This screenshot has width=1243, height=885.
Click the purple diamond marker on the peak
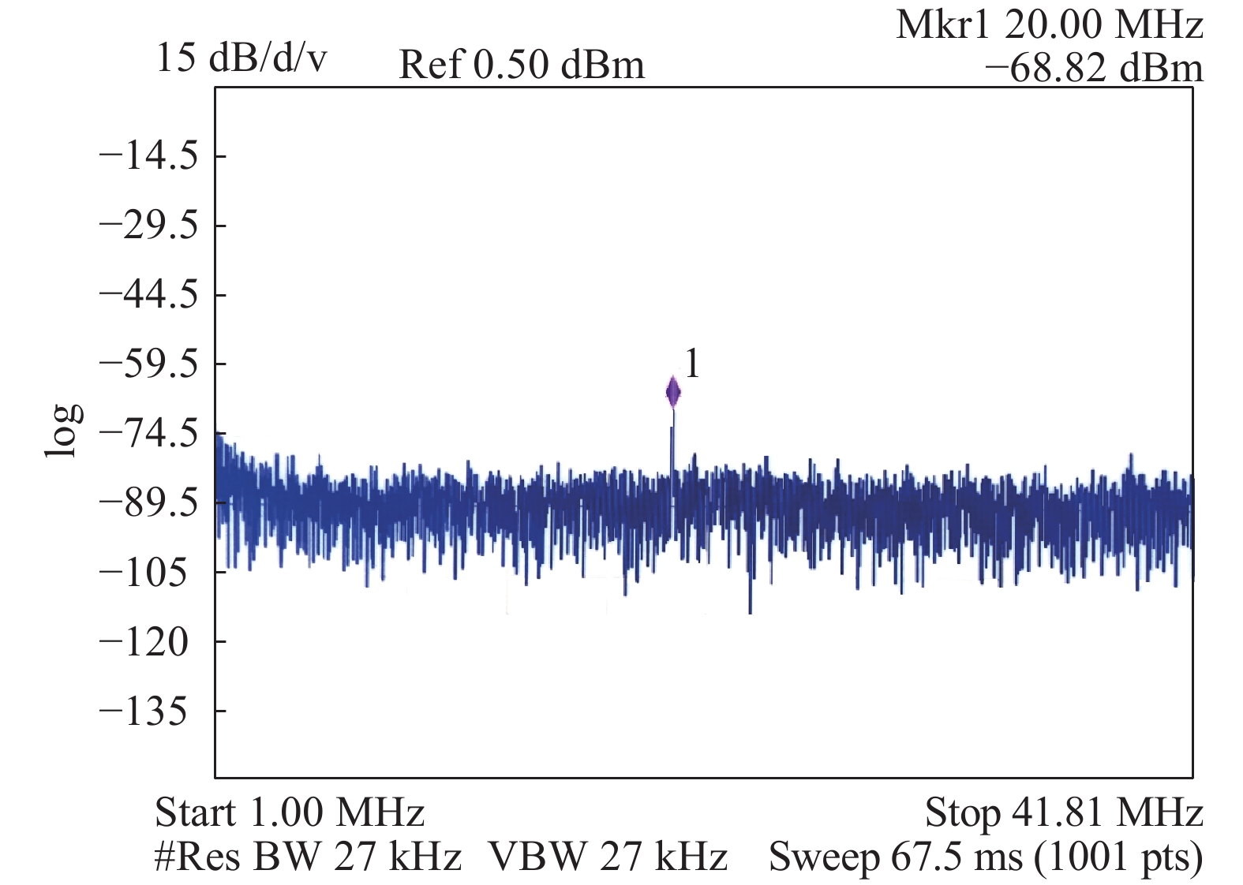(x=673, y=392)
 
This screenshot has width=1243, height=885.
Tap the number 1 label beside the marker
(x=691, y=364)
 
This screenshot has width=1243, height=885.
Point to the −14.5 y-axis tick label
(x=148, y=156)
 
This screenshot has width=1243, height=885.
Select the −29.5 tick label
(x=148, y=226)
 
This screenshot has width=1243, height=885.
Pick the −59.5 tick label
(x=148, y=364)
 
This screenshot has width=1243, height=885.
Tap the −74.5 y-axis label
(x=148, y=433)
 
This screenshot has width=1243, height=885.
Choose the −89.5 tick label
(x=148, y=502)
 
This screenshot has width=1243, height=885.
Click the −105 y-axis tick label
(x=144, y=572)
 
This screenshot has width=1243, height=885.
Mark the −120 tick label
(x=144, y=642)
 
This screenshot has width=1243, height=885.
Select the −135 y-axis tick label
(x=144, y=711)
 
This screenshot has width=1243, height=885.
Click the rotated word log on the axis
(x=62, y=431)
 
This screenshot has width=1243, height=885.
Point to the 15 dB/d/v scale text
(x=241, y=58)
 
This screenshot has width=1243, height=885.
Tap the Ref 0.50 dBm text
(x=522, y=65)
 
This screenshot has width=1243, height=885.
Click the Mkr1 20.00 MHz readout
(x=1049, y=25)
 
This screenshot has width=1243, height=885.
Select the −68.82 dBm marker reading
(x=1093, y=68)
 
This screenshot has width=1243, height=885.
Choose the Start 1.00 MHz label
(x=290, y=812)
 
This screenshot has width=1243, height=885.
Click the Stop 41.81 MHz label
(x=1064, y=812)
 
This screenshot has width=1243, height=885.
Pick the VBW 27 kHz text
(x=608, y=857)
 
